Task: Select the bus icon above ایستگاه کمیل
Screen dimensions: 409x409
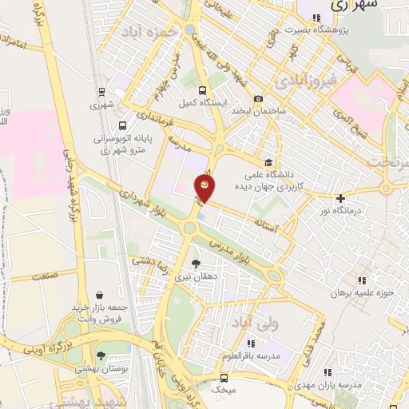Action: (202, 90)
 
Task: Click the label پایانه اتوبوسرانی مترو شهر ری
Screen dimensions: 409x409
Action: (122, 143)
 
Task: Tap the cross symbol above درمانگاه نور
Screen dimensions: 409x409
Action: (341, 197)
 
